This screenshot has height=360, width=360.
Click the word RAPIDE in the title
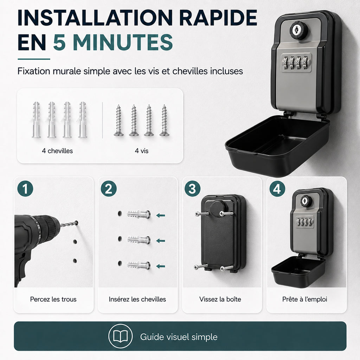(218, 18)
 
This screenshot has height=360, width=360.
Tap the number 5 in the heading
(59, 42)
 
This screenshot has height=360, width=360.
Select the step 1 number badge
(25, 188)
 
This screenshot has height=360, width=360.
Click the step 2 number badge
(109, 188)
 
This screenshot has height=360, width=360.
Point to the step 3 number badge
(192, 188)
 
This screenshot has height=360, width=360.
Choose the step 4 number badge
(277, 188)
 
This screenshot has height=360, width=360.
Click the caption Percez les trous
(53, 299)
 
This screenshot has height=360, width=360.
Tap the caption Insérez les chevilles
(137, 299)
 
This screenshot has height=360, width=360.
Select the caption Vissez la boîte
(220, 299)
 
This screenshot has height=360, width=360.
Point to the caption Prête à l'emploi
(305, 299)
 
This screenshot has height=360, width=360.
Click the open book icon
(121, 336)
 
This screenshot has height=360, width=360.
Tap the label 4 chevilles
(57, 151)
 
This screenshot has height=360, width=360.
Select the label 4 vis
(142, 151)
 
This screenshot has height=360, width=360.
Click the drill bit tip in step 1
(77, 222)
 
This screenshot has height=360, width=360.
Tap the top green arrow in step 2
(161, 216)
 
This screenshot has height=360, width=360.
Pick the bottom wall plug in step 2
(139, 265)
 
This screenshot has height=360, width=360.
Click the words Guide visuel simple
(179, 337)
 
